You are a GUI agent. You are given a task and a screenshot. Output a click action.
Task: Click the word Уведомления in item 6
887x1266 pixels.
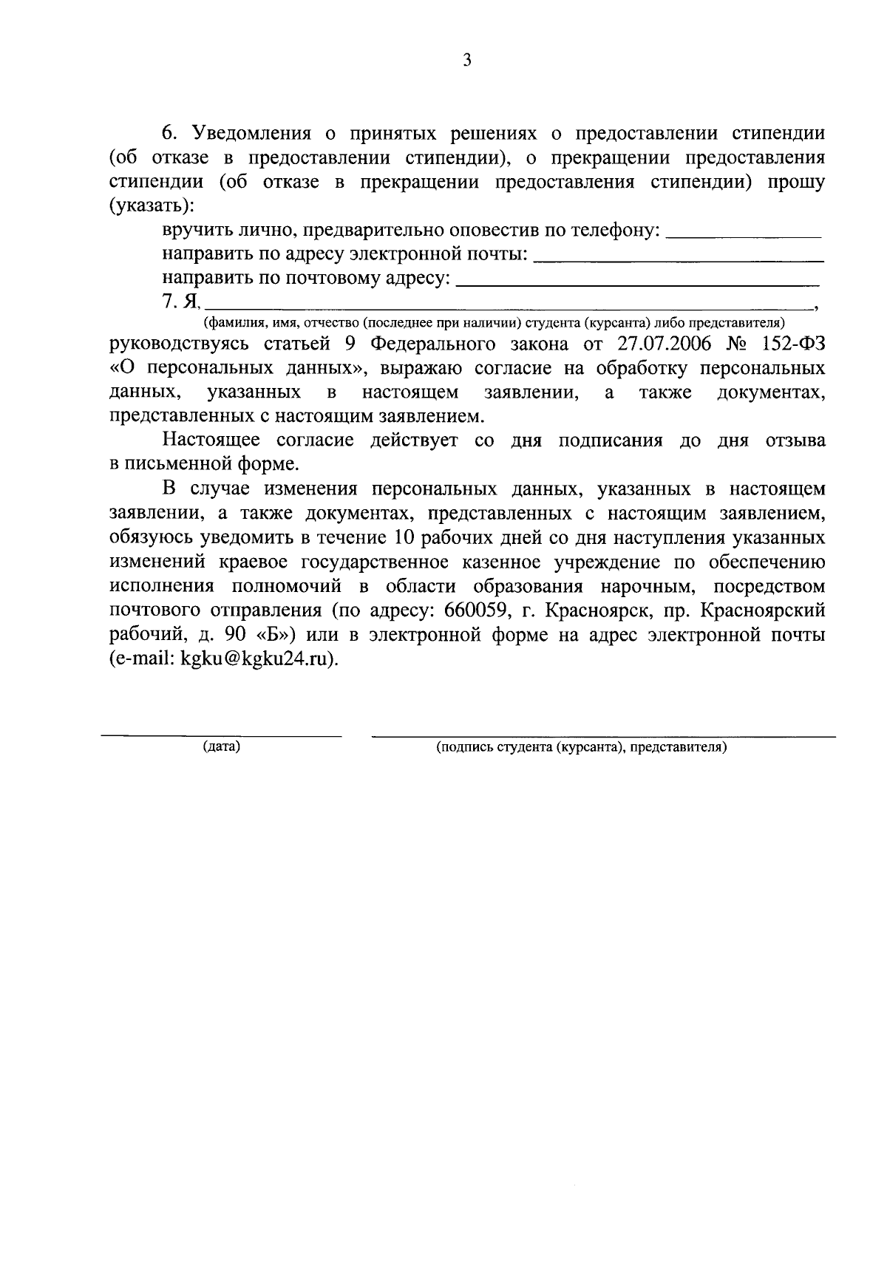[x=256, y=134]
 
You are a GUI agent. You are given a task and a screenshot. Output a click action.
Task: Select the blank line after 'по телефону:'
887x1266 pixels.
[x=744, y=236]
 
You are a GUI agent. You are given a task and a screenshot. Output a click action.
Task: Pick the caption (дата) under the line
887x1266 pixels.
[x=222, y=746]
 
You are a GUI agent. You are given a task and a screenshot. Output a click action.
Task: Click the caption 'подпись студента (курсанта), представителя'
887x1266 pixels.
[x=582, y=746]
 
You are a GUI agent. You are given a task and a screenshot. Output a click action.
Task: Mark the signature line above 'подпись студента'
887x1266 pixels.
[x=603, y=736]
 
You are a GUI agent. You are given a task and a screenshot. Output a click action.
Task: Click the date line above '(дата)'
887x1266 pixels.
[x=222, y=735]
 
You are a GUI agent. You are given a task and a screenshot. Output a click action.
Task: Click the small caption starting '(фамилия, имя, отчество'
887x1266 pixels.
[x=494, y=323]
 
